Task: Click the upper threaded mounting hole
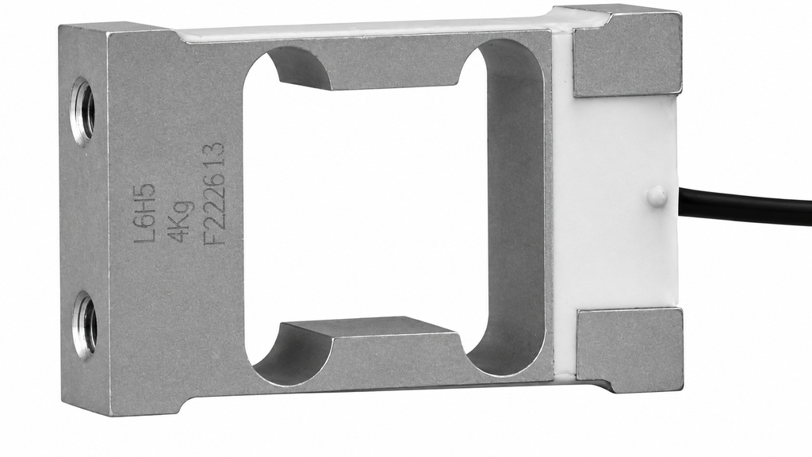point(82,111)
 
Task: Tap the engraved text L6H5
point(144,213)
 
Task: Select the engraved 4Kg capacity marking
point(181,222)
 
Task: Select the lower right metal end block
point(630,349)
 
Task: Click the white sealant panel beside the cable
point(616,202)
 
